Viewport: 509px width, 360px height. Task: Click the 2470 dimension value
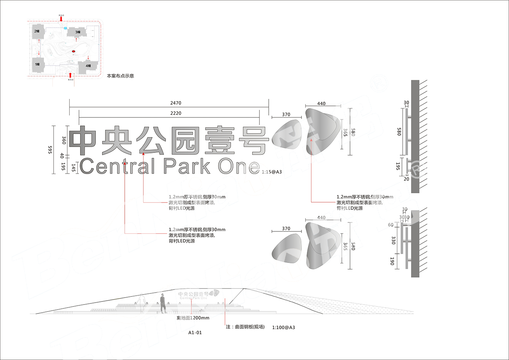176,103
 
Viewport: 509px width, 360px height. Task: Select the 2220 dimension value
176,113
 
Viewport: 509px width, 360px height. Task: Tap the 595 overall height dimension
50,149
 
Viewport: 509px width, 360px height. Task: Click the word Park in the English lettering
187,166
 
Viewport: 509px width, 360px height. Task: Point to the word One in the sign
239,166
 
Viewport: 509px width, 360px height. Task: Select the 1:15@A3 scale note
272,172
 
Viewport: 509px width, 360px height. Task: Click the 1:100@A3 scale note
284,328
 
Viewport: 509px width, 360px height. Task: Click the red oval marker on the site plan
74,51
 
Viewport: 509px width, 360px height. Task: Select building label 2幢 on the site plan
37,31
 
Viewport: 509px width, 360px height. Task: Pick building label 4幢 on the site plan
88,66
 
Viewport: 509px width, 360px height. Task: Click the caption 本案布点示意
120,76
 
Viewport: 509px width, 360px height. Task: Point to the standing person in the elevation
163,303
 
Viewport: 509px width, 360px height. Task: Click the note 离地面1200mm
193,318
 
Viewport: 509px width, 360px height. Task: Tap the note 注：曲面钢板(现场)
245,327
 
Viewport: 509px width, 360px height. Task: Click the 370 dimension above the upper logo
286,114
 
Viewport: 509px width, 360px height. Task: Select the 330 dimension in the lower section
393,240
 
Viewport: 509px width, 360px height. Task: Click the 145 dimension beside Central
74,167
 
